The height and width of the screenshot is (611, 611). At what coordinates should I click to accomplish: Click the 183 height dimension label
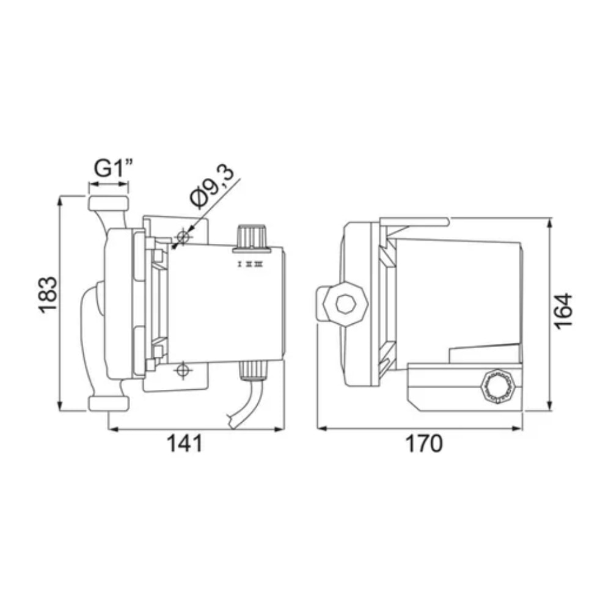click(48, 295)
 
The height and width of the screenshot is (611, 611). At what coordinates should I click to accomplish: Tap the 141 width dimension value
click(185, 444)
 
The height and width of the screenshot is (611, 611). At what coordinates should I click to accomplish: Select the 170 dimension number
click(423, 444)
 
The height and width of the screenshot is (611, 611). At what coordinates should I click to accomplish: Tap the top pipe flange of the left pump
click(108, 203)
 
